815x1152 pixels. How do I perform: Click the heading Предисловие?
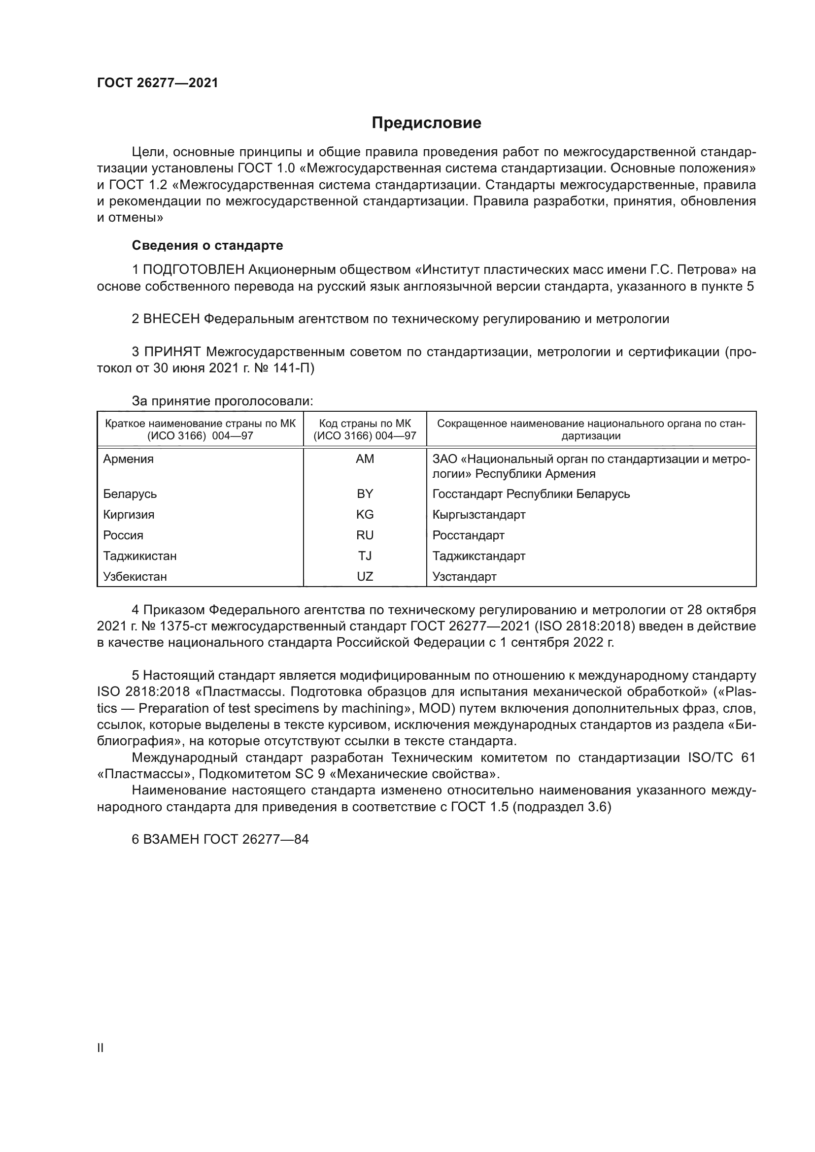(x=426, y=123)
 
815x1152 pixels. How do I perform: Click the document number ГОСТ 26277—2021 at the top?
(x=158, y=83)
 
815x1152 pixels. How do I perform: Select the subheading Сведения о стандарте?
(x=207, y=245)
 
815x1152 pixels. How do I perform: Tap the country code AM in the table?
(x=365, y=459)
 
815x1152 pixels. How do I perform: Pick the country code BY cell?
(x=365, y=494)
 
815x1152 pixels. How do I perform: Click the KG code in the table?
(x=365, y=514)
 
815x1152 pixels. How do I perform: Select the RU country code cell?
(x=365, y=535)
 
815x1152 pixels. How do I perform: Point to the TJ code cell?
(x=365, y=556)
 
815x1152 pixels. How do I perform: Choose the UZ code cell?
(x=365, y=577)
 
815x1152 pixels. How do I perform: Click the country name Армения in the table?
(x=129, y=459)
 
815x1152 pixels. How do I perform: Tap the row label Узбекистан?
(x=135, y=577)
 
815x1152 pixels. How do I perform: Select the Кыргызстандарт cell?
(x=479, y=514)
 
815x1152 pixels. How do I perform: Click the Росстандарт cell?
(x=468, y=535)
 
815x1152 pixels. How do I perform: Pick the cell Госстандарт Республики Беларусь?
(x=531, y=494)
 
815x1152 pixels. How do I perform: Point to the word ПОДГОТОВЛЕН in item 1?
(x=194, y=270)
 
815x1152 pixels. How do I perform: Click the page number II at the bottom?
(x=101, y=1048)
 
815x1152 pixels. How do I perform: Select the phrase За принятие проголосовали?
(x=222, y=401)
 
